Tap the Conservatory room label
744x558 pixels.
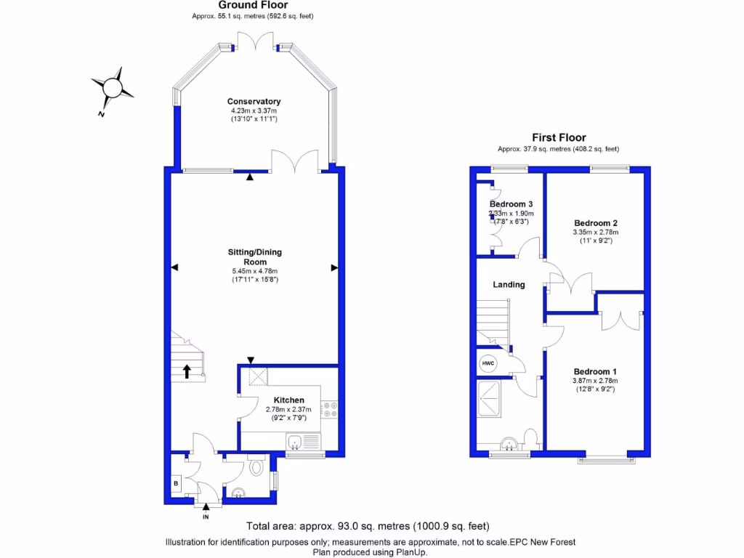click(254, 102)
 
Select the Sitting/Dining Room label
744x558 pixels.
click(254, 256)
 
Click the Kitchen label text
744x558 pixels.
click(288, 400)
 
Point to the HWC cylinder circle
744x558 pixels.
click(486, 363)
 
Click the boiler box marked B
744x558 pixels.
click(176, 482)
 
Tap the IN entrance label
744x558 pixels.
click(206, 517)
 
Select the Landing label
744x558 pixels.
click(509, 285)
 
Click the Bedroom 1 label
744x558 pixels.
click(594, 371)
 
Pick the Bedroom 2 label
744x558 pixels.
click(595, 223)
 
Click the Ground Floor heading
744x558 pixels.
click(254, 6)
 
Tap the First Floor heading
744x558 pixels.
click(559, 137)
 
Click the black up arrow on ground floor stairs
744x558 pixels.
click(187, 371)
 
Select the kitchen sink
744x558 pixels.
click(296, 441)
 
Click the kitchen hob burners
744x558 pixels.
click(331, 410)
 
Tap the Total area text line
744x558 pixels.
click(368, 526)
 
